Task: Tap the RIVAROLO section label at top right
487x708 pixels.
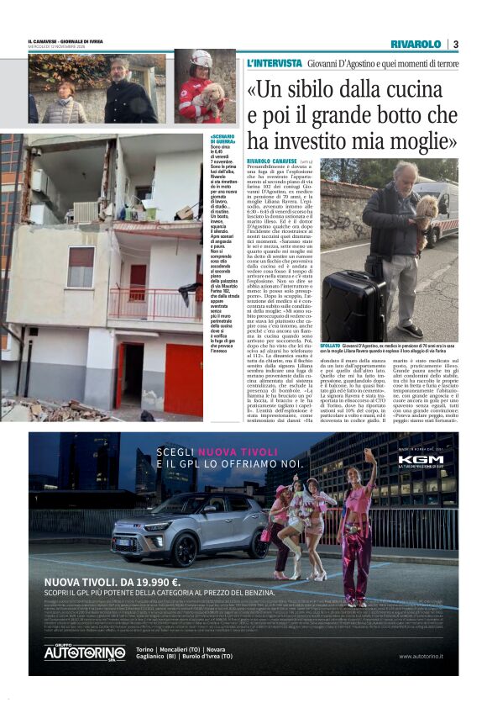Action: [415, 44]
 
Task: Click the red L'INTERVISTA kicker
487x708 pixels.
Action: [274, 64]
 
